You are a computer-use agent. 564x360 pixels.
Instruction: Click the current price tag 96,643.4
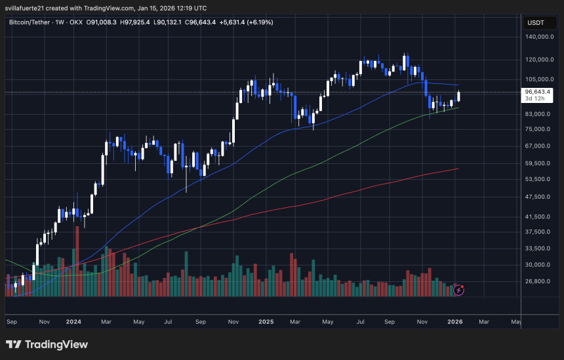tap(537, 92)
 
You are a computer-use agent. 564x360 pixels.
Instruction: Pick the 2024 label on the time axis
tap(73, 322)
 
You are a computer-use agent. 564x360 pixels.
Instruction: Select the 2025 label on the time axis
tap(266, 322)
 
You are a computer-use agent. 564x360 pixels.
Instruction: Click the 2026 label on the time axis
tap(456, 322)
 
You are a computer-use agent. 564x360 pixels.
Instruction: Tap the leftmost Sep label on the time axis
tap(11, 322)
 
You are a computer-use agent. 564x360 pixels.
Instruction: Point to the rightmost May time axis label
tap(516, 322)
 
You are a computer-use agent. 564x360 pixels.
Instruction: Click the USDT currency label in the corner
tap(536, 22)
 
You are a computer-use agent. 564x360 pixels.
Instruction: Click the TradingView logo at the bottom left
tap(47, 344)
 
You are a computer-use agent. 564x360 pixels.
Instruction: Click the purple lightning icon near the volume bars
tap(459, 289)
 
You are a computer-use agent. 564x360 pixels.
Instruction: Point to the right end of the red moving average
tap(458, 169)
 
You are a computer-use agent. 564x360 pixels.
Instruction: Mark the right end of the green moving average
tap(458, 107)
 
